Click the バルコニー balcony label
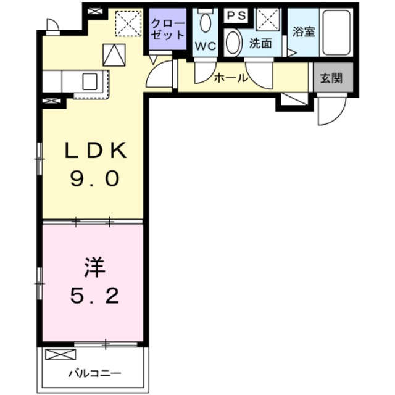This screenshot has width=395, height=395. click(94, 373)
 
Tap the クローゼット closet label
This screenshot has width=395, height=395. click(167, 29)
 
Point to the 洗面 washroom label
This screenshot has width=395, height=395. click(260, 44)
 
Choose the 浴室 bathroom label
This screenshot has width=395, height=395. click(304, 31)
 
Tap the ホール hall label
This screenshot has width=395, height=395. click(230, 78)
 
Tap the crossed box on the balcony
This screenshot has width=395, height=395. click(60, 355)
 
